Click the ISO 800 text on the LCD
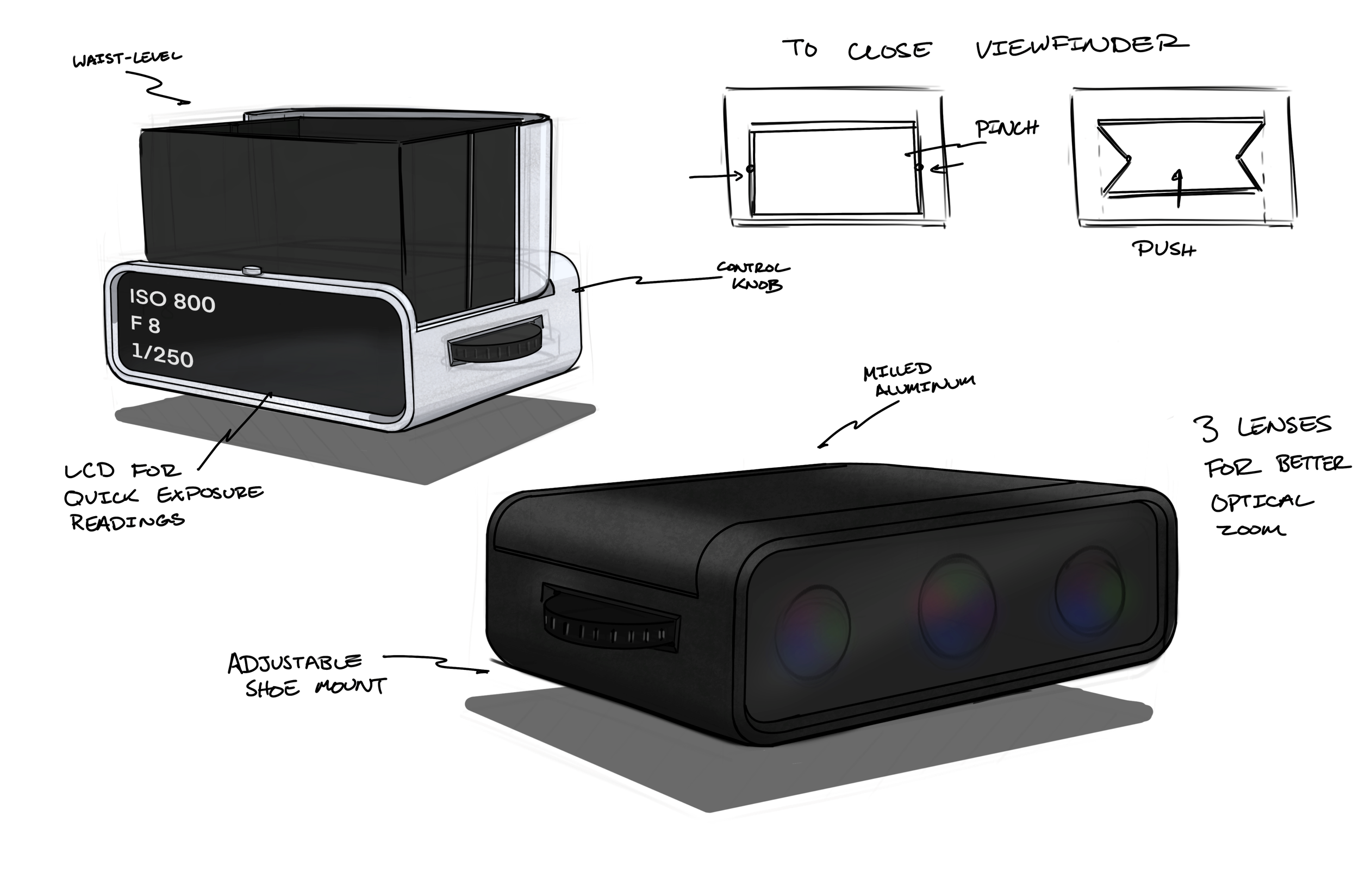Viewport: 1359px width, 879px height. point(172,300)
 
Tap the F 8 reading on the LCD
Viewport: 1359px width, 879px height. point(145,325)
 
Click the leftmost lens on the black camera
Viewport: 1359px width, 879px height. point(813,631)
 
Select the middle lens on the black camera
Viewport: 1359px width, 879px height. point(956,606)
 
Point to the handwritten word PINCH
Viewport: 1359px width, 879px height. point(1006,129)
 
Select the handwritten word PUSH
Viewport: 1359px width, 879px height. point(1164,249)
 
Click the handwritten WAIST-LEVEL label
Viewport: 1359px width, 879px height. point(127,59)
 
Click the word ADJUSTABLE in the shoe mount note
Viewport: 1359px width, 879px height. point(295,663)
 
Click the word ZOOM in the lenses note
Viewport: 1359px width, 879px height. point(1252,530)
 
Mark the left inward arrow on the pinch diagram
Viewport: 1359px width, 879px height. point(716,177)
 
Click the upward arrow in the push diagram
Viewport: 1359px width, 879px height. point(1178,189)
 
